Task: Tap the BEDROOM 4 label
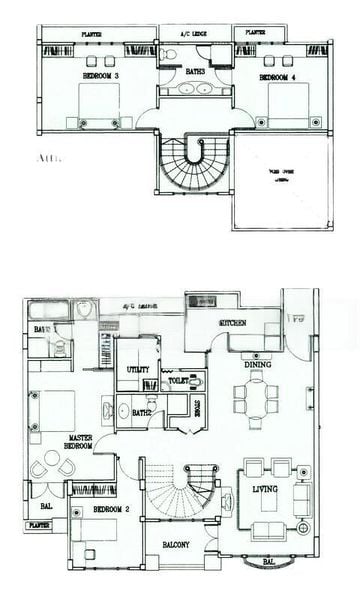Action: tap(279, 75)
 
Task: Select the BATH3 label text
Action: tap(194, 71)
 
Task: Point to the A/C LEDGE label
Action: tap(192, 33)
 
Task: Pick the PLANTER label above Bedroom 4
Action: tap(255, 33)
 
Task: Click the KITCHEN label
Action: tap(236, 326)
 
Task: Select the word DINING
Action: tap(259, 365)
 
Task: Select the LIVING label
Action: tap(265, 489)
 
